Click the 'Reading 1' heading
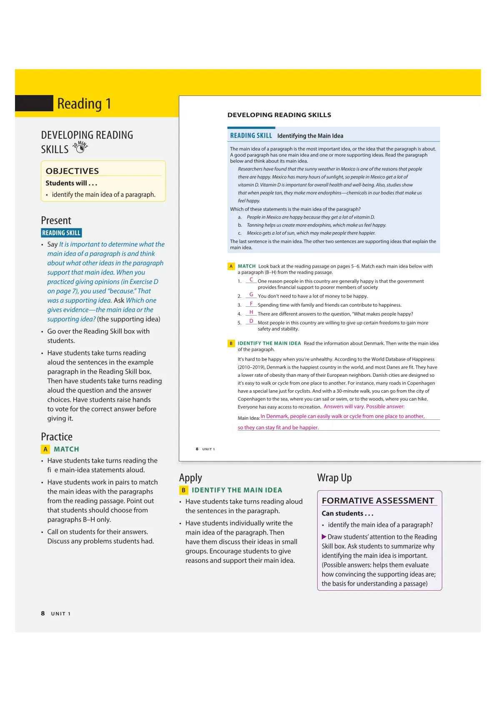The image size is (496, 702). tap(84, 104)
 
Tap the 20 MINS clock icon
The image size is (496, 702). tap(80, 148)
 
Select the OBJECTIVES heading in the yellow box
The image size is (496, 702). tap(72, 171)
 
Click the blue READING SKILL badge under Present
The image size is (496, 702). tap(61, 233)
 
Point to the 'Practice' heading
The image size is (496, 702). tap(57, 437)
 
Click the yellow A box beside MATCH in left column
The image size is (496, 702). tap(45, 449)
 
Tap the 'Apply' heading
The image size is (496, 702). tap(190, 478)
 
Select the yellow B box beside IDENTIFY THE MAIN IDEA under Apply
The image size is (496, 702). tap(183, 490)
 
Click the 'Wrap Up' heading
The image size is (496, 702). tap(334, 478)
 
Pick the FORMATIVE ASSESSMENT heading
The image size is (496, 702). tap(378, 501)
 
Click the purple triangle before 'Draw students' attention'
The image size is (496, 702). tap(324, 537)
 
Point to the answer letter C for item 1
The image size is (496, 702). tap(251, 280)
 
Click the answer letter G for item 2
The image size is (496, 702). tap(251, 295)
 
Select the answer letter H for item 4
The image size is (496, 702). tap(251, 312)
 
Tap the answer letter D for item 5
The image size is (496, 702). tap(251, 321)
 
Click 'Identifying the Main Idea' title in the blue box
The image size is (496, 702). tap(310, 136)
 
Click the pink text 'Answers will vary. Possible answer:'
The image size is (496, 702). tap(364, 406)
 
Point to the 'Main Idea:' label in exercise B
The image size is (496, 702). tap(248, 418)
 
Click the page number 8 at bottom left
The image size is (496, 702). tap(43, 613)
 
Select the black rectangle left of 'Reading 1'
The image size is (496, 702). tap(34, 103)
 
